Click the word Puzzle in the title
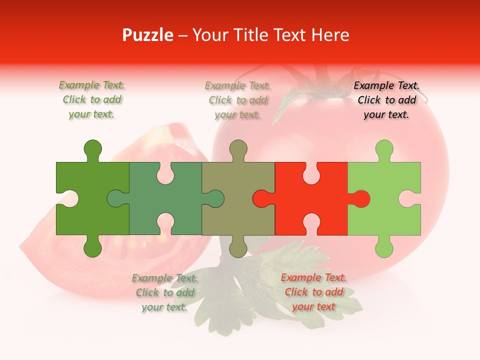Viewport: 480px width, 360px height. [148, 35]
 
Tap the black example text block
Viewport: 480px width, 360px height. [386, 100]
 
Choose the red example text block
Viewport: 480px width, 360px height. [313, 292]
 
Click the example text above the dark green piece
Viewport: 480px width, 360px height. [92, 100]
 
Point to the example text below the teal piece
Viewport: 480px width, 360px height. [164, 292]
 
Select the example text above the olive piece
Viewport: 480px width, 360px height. [237, 100]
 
